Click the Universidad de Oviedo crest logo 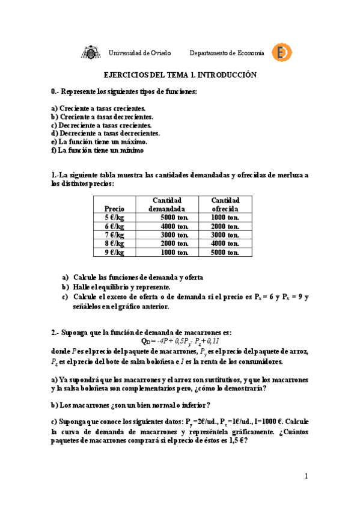[x=90, y=53]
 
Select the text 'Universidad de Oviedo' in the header [x=139, y=53]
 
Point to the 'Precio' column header [x=114, y=209]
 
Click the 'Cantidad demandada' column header [x=167, y=204]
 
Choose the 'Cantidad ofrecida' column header [x=225, y=204]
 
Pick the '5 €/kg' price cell [x=114, y=218]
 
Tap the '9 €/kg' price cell [x=114, y=252]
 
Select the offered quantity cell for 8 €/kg [x=226, y=244]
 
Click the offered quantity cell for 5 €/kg [x=226, y=218]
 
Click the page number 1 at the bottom [x=306, y=477]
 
